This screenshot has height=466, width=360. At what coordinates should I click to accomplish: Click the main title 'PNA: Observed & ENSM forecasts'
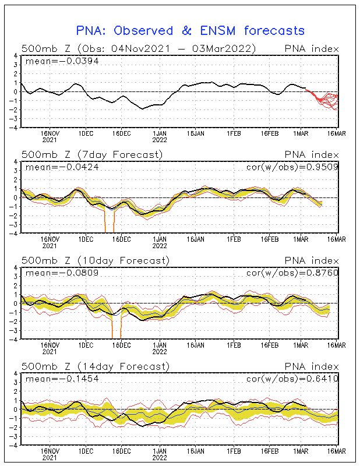click(x=190, y=30)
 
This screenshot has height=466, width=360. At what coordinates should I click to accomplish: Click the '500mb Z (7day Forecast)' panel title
click(x=92, y=154)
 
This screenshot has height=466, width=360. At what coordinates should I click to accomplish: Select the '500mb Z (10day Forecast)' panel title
click(x=95, y=260)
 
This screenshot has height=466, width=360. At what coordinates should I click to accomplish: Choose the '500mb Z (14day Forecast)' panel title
click(x=95, y=366)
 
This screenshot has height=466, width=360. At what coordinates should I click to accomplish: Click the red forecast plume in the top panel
click(x=326, y=99)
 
